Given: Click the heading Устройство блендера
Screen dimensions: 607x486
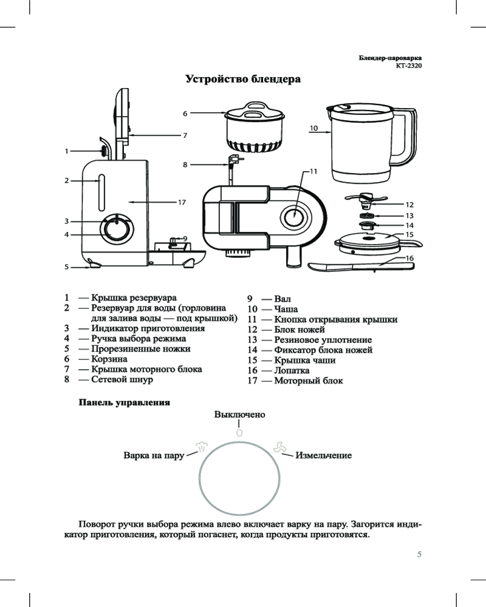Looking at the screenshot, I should click(243, 80).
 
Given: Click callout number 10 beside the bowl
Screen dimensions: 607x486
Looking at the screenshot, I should click(313, 129).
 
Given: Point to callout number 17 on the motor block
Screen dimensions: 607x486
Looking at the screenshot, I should click(181, 202).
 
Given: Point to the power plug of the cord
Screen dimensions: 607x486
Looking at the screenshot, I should click(231, 160).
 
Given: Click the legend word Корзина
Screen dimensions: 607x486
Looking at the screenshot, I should click(109, 359).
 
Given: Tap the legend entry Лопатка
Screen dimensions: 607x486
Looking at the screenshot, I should click(292, 370).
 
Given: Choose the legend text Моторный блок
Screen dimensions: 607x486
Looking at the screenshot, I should click(309, 381).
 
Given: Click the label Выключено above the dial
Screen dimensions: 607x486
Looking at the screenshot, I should click(240, 414).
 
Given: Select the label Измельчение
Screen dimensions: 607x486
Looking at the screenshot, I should click(323, 455).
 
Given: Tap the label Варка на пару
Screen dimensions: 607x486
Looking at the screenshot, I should click(154, 455).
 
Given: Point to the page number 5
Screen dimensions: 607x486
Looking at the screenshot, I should click(419, 554).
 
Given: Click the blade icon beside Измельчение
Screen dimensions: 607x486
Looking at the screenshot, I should click(278, 447).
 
